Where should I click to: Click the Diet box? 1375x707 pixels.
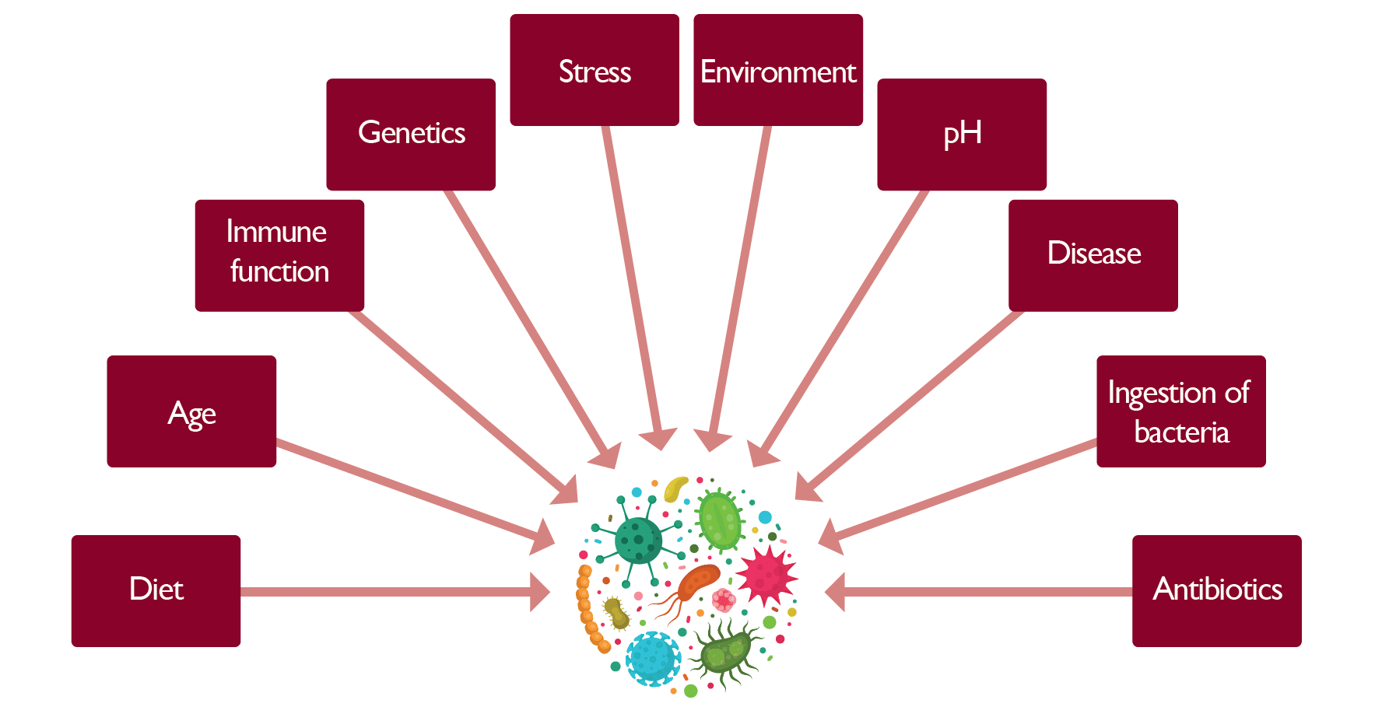click(156, 590)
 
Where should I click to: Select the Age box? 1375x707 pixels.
click(191, 411)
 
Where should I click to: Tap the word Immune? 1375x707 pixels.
click(276, 232)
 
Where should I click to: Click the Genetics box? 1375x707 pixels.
click(411, 134)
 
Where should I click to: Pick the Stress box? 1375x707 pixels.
click(595, 70)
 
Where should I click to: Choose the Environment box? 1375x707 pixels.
click(778, 70)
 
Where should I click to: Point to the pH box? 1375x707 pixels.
click(962, 134)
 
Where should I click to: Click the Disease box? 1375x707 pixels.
click(1093, 255)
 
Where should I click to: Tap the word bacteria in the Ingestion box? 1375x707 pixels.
click(1181, 432)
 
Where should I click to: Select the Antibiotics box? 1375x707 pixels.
click(1217, 590)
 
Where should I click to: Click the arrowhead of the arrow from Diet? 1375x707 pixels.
click(541, 592)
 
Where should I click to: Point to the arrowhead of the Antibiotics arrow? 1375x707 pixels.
click(835, 592)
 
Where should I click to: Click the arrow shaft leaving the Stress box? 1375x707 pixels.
click(630, 272)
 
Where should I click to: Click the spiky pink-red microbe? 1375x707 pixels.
click(766, 576)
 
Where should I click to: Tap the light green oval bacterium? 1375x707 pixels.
click(720, 520)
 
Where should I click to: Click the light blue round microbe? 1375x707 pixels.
click(653, 658)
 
